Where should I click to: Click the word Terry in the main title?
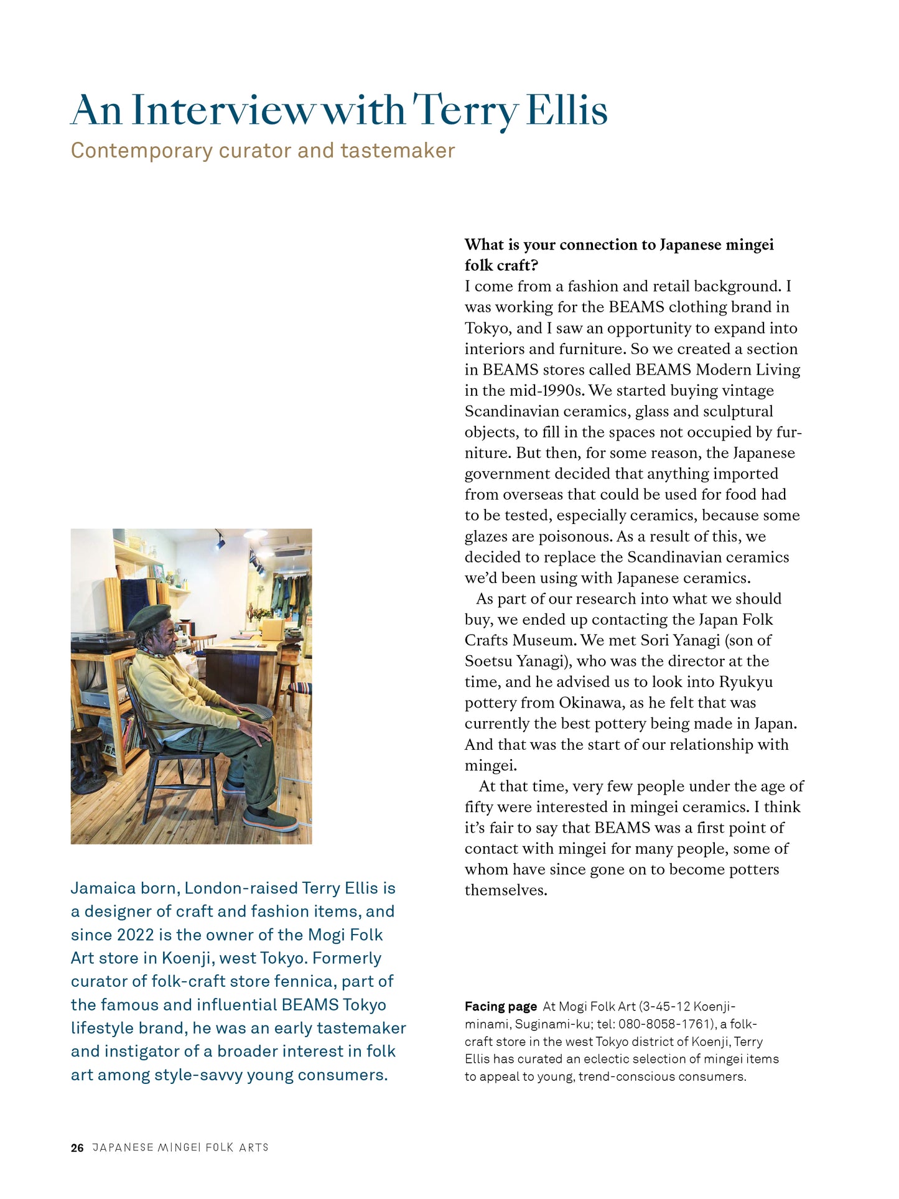pos(465,111)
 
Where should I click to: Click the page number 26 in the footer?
pos(77,1148)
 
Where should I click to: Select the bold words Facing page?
pos(500,1007)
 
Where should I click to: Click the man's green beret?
pos(150,617)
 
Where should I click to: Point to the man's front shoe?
pos(269,818)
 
